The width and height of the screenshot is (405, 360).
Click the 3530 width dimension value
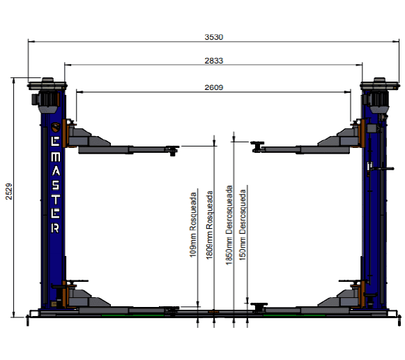213,37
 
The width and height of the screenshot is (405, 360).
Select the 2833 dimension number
213,61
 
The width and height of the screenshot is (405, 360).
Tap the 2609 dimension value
213,87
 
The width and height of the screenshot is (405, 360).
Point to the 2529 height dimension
9,191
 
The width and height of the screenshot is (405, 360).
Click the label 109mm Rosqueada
193,225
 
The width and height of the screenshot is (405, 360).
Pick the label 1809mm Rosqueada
210,225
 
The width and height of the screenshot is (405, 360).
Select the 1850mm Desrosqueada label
229,225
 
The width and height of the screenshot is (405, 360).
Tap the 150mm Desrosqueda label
243,225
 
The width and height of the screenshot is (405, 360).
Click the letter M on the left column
55,156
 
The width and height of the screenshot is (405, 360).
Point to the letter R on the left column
55,228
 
